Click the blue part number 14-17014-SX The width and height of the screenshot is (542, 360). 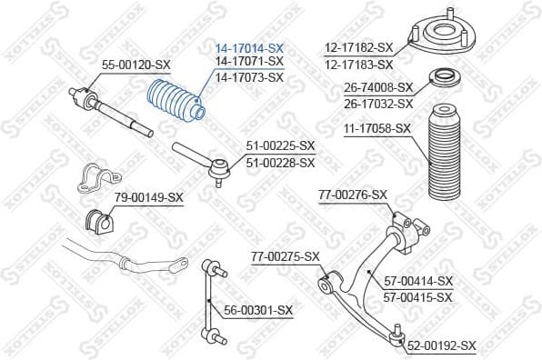[x=249, y=47]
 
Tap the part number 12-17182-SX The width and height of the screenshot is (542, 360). [x=358, y=47]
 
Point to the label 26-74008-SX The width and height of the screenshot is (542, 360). [x=378, y=87]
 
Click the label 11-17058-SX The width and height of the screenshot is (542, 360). [x=378, y=130]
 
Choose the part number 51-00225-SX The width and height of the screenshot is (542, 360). [x=280, y=145]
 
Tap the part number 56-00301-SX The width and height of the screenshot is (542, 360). [x=258, y=310]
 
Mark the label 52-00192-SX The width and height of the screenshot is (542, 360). [x=441, y=345]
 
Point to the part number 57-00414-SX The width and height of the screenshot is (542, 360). [x=417, y=281]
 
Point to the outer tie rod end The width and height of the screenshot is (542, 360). [x=201, y=160]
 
